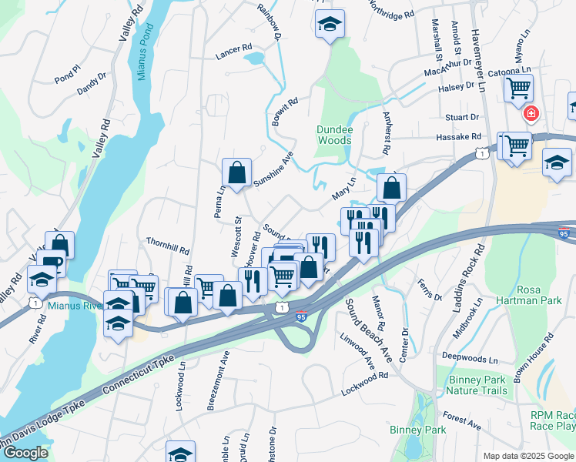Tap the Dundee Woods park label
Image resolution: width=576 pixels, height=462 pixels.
click(x=334, y=135)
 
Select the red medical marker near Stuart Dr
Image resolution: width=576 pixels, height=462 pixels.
click(x=531, y=115)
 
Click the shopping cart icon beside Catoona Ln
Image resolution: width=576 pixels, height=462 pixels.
click(x=518, y=87)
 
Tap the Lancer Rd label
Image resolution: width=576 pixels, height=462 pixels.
click(x=234, y=49)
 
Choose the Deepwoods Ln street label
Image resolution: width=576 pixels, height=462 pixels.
click(x=471, y=358)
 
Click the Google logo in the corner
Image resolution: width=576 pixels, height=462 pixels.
click(x=25, y=453)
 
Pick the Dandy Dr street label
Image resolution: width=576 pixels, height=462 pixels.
click(x=92, y=84)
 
